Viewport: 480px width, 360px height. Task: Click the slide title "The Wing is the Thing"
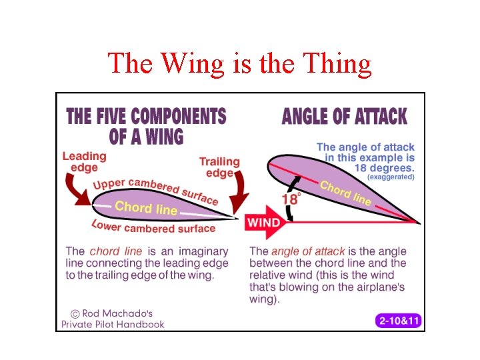pos(239,63)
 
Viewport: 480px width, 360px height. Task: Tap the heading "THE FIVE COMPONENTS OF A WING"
pos(146,126)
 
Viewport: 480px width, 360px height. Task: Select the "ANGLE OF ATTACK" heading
pos(344,116)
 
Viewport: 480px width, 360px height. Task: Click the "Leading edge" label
pos(85,162)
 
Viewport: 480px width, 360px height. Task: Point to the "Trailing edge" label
pos(219,167)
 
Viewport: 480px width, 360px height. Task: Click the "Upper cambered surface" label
pos(155,190)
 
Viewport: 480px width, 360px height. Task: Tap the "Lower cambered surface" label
pos(153,227)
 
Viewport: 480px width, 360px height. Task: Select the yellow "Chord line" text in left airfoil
pos(146,208)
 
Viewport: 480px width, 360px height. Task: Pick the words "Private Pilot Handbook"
pos(113,324)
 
